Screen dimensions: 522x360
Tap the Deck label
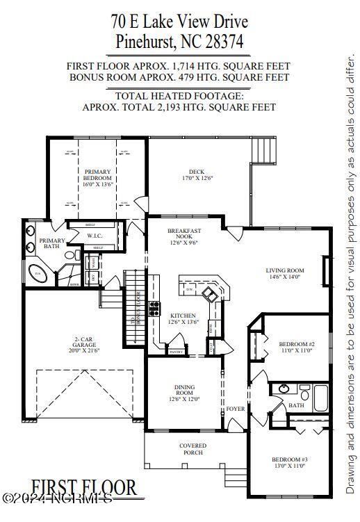(x=196, y=172)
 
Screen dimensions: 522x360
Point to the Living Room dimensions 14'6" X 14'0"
(x=285, y=277)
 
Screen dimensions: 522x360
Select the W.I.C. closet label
(x=95, y=236)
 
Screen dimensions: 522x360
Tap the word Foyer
(x=236, y=409)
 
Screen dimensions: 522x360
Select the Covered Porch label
(x=193, y=449)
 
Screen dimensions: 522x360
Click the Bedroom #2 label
(x=297, y=344)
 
